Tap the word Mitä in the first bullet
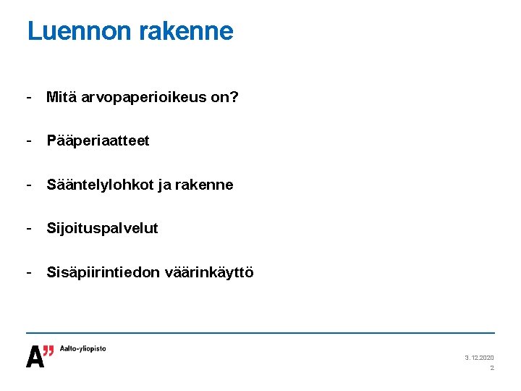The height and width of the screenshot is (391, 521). pyautogui.click(x=61, y=96)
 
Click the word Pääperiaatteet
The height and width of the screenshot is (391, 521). pyautogui.click(x=98, y=140)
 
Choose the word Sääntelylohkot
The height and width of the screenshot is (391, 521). pyautogui.click(x=99, y=185)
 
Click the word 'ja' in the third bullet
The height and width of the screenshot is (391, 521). pyautogui.click(x=162, y=185)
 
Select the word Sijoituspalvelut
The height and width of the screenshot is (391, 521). pyautogui.click(x=102, y=229)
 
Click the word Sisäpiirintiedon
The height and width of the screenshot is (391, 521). pyautogui.click(x=103, y=273)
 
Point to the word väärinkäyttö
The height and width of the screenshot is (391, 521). pyautogui.click(x=209, y=273)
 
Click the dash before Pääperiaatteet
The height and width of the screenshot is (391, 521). pyautogui.click(x=29, y=140)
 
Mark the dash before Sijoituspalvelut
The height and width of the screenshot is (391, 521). pyautogui.click(x=29, y=228)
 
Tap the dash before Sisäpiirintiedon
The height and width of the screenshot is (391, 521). pyautogui.click(x=29, y=272)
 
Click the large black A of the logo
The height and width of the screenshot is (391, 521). pyautogui.click(x=35, y=356)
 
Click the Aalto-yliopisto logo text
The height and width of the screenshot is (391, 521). pyautogui.click(x=82, y=348)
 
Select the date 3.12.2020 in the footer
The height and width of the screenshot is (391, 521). pyautogui.click(x=479, y=358)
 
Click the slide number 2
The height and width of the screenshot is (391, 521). pyautogui.click(x=492, y=369)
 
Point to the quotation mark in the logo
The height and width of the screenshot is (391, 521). pyautogui.click(x=48, y=351)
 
